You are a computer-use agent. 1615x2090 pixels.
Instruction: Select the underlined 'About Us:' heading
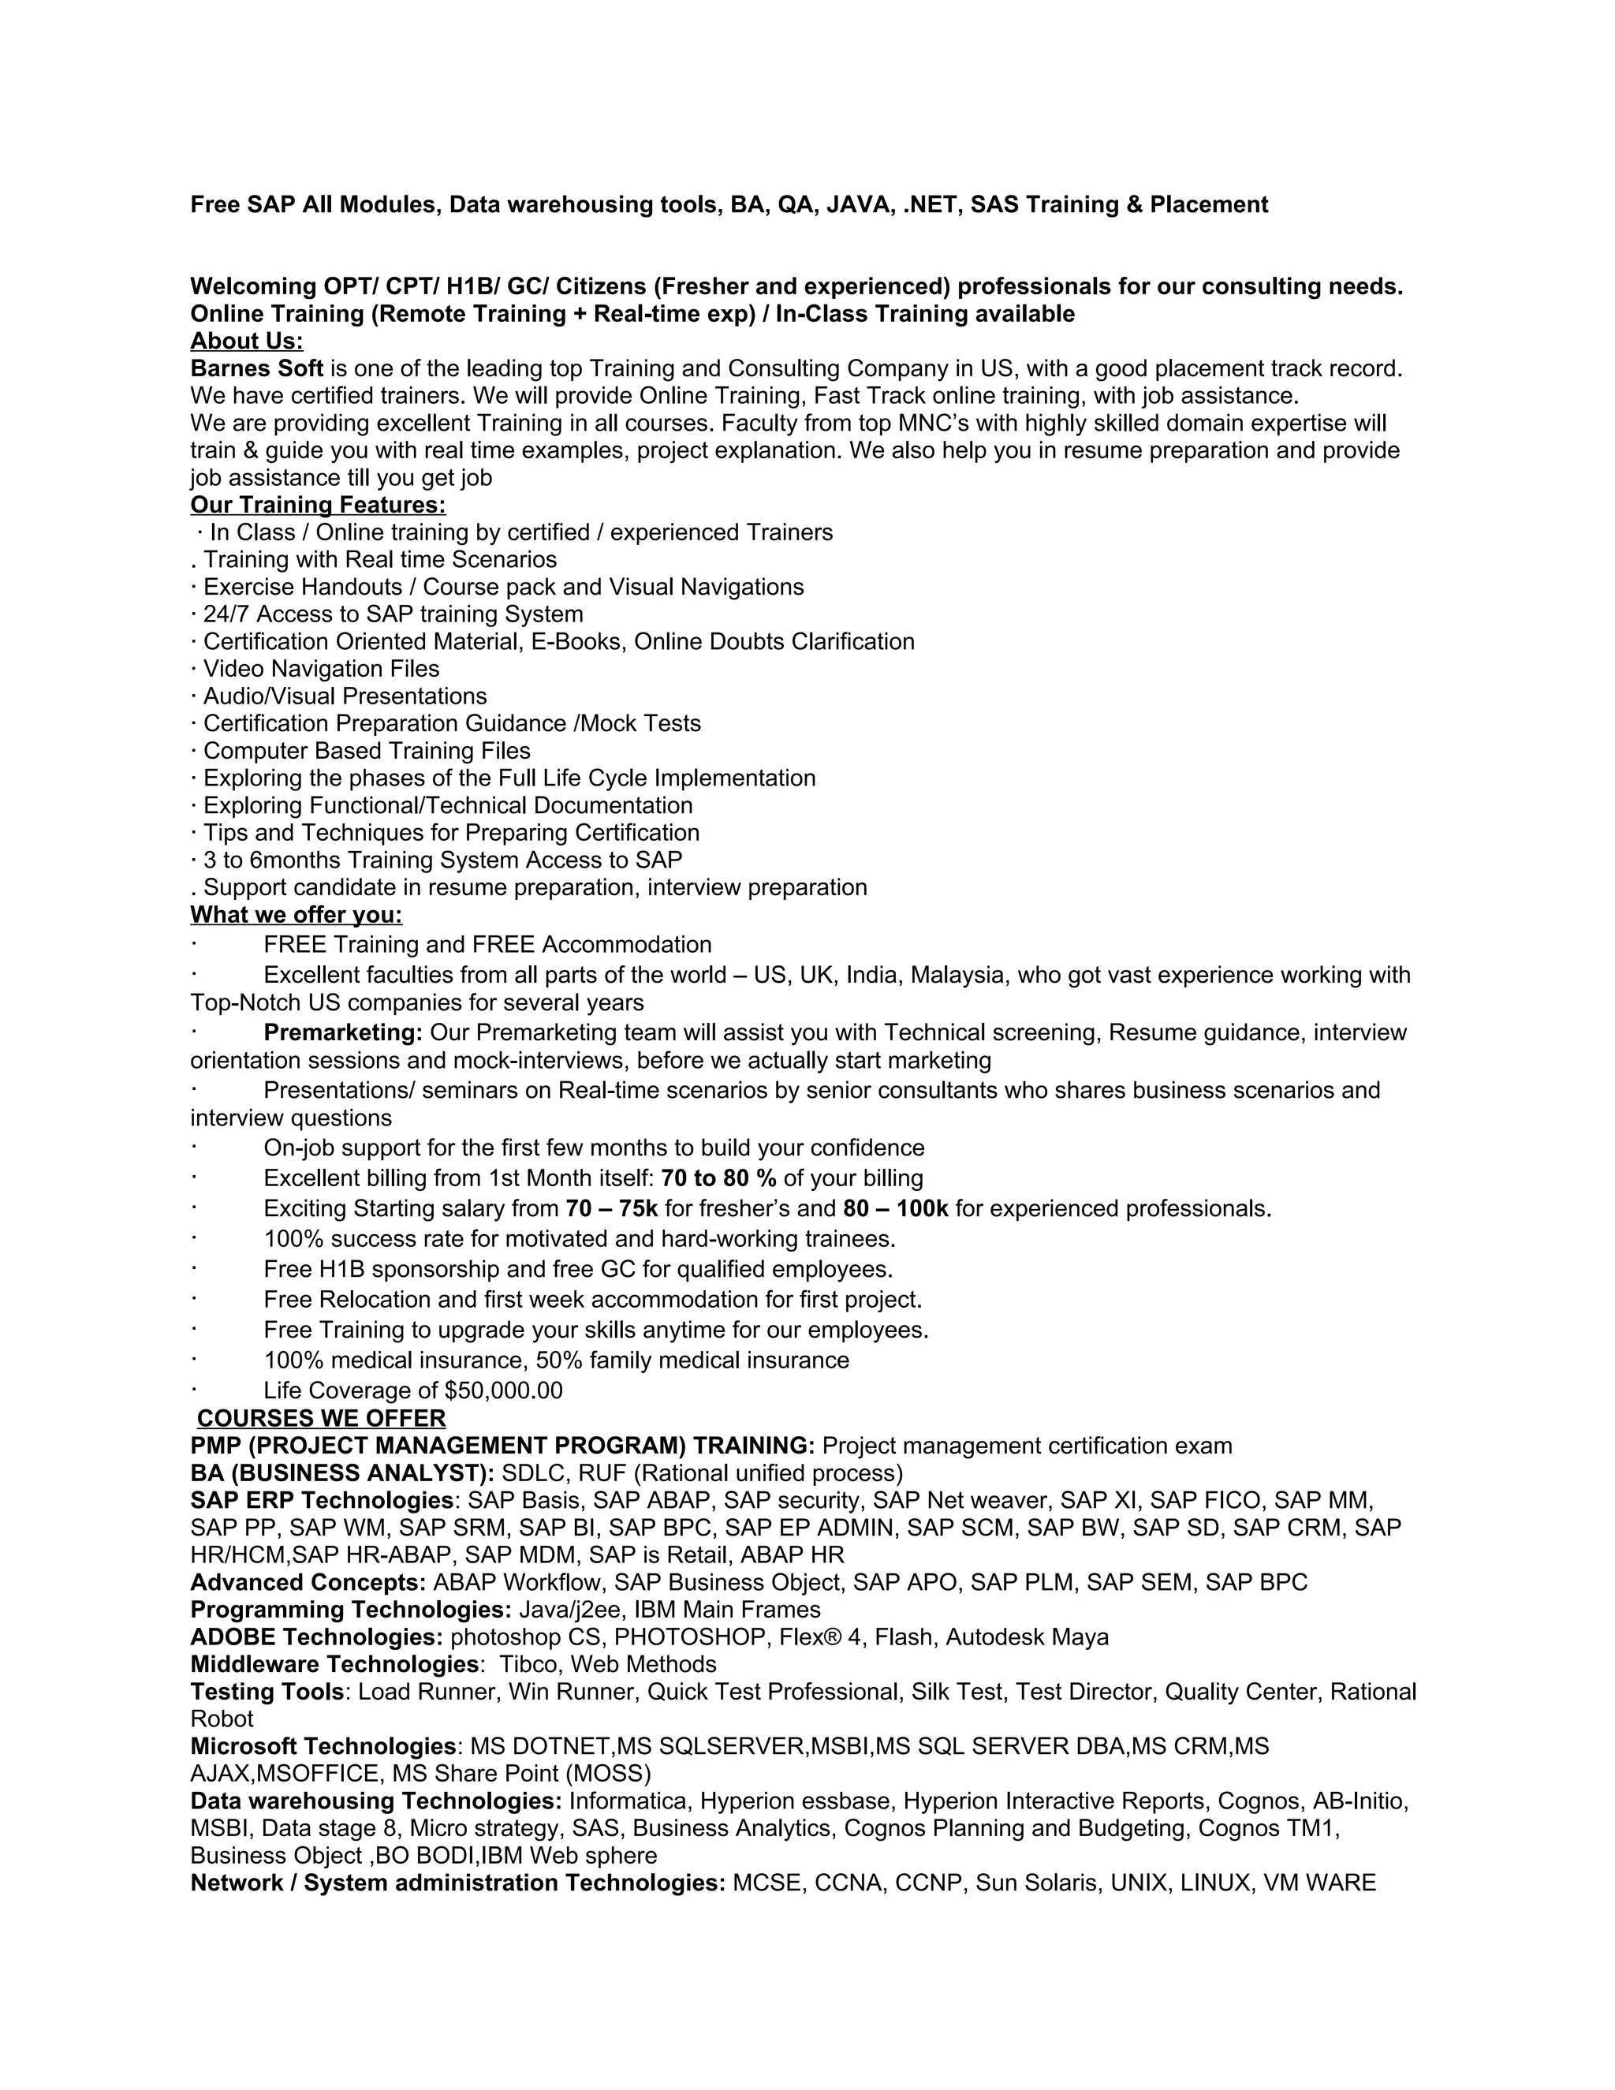point(247,341)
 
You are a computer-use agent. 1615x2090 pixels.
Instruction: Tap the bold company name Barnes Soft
point(256,368)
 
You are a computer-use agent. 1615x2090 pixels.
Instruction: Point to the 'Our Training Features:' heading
point(318,506)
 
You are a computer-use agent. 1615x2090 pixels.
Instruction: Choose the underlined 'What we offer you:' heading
point(296,916)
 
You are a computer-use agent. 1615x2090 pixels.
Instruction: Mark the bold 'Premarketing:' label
point(342,1033)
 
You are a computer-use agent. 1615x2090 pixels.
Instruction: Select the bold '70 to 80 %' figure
point(718,1178)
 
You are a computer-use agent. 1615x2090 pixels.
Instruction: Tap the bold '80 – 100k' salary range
point(896,1208)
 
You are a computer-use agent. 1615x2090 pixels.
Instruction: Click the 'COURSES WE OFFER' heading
point(322,1418)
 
